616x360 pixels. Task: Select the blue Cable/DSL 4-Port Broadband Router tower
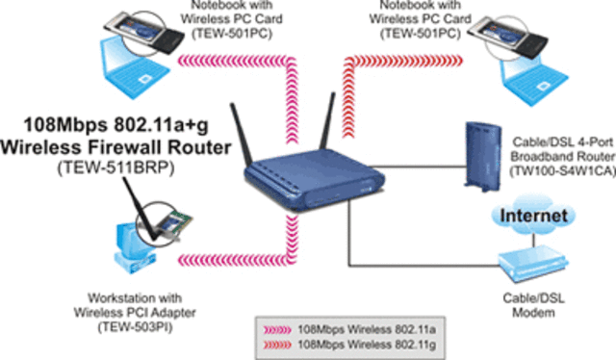(x=479, y=154)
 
